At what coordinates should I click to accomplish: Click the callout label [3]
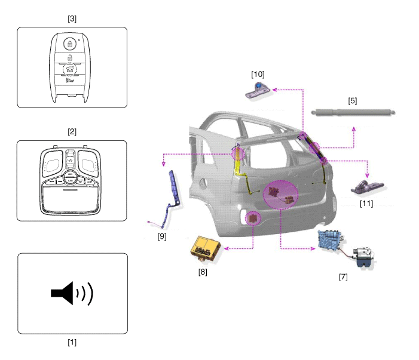point(72,19)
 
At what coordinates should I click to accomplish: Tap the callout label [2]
point(72,131)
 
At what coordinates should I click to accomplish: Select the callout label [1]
point(72,343)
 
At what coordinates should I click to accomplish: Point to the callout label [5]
point(353,101)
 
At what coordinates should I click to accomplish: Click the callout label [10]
point(258,74)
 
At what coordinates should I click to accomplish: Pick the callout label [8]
point(204,272)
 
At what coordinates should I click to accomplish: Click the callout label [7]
point(343,276)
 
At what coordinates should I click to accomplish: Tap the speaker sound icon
point(72,293)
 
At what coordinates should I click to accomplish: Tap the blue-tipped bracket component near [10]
point(259,90)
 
